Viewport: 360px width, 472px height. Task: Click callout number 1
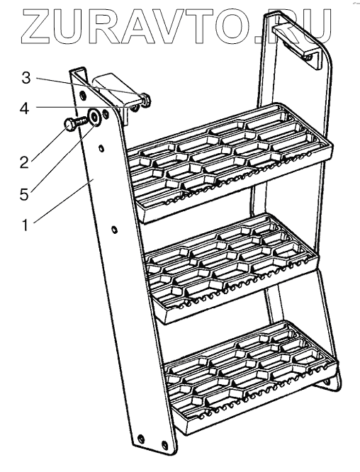pyautogui.click(x=26, y=225)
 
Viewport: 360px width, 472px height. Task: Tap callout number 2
pyautogui.click(x=24, y=162)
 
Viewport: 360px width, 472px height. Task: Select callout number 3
pyautogui.click(x=26, y=78)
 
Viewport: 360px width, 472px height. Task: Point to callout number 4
pyautogui.click(x=24, y=108)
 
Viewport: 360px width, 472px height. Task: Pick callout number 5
pyautogui.click(x=24, y=194)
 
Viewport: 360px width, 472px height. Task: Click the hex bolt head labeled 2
pyautogui.click(x=69, y=125)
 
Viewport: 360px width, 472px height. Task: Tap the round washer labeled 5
pyautogui.click(x=94, y=117)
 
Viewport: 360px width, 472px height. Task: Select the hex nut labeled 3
pyautogui.click(x=145, y=99)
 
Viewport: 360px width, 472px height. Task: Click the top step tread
pyautogui.click(x=230, y=159)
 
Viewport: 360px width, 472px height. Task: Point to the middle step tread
pyautogui.click(x=231, y=266)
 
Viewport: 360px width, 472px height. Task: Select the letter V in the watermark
pyautogui.click(x=173, y=26)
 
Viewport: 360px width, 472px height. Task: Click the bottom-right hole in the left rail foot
pyautogui.click(x=164, y=444)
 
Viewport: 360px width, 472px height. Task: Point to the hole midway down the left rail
pyautogui.click(x=114, y=230)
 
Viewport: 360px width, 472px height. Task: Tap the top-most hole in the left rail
pyautogui.click(x=82, y=96)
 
